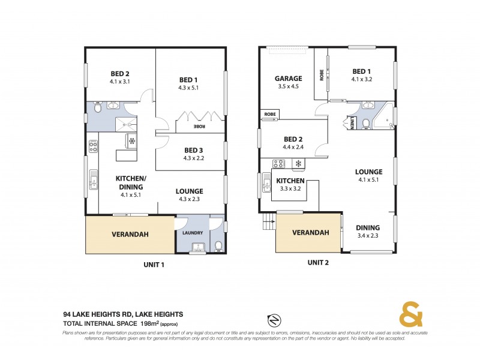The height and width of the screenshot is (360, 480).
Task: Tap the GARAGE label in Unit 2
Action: (x=288, y=79)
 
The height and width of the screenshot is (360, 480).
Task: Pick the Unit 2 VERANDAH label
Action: (x=310, y=233)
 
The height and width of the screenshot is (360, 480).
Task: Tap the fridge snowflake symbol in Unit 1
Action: (x=131, y=142)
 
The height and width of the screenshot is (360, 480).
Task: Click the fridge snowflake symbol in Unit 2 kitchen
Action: (x=296, y=163)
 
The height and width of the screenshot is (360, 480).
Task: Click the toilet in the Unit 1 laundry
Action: (x=218, y=245)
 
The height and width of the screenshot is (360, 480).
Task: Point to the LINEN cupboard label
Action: (x=351, y=124)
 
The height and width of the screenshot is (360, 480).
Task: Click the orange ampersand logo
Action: (x=410, y=315)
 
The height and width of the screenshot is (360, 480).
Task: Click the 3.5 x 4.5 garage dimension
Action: (x=288, y=86)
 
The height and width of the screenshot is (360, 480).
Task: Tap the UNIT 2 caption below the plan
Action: (x=319, y=262)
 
